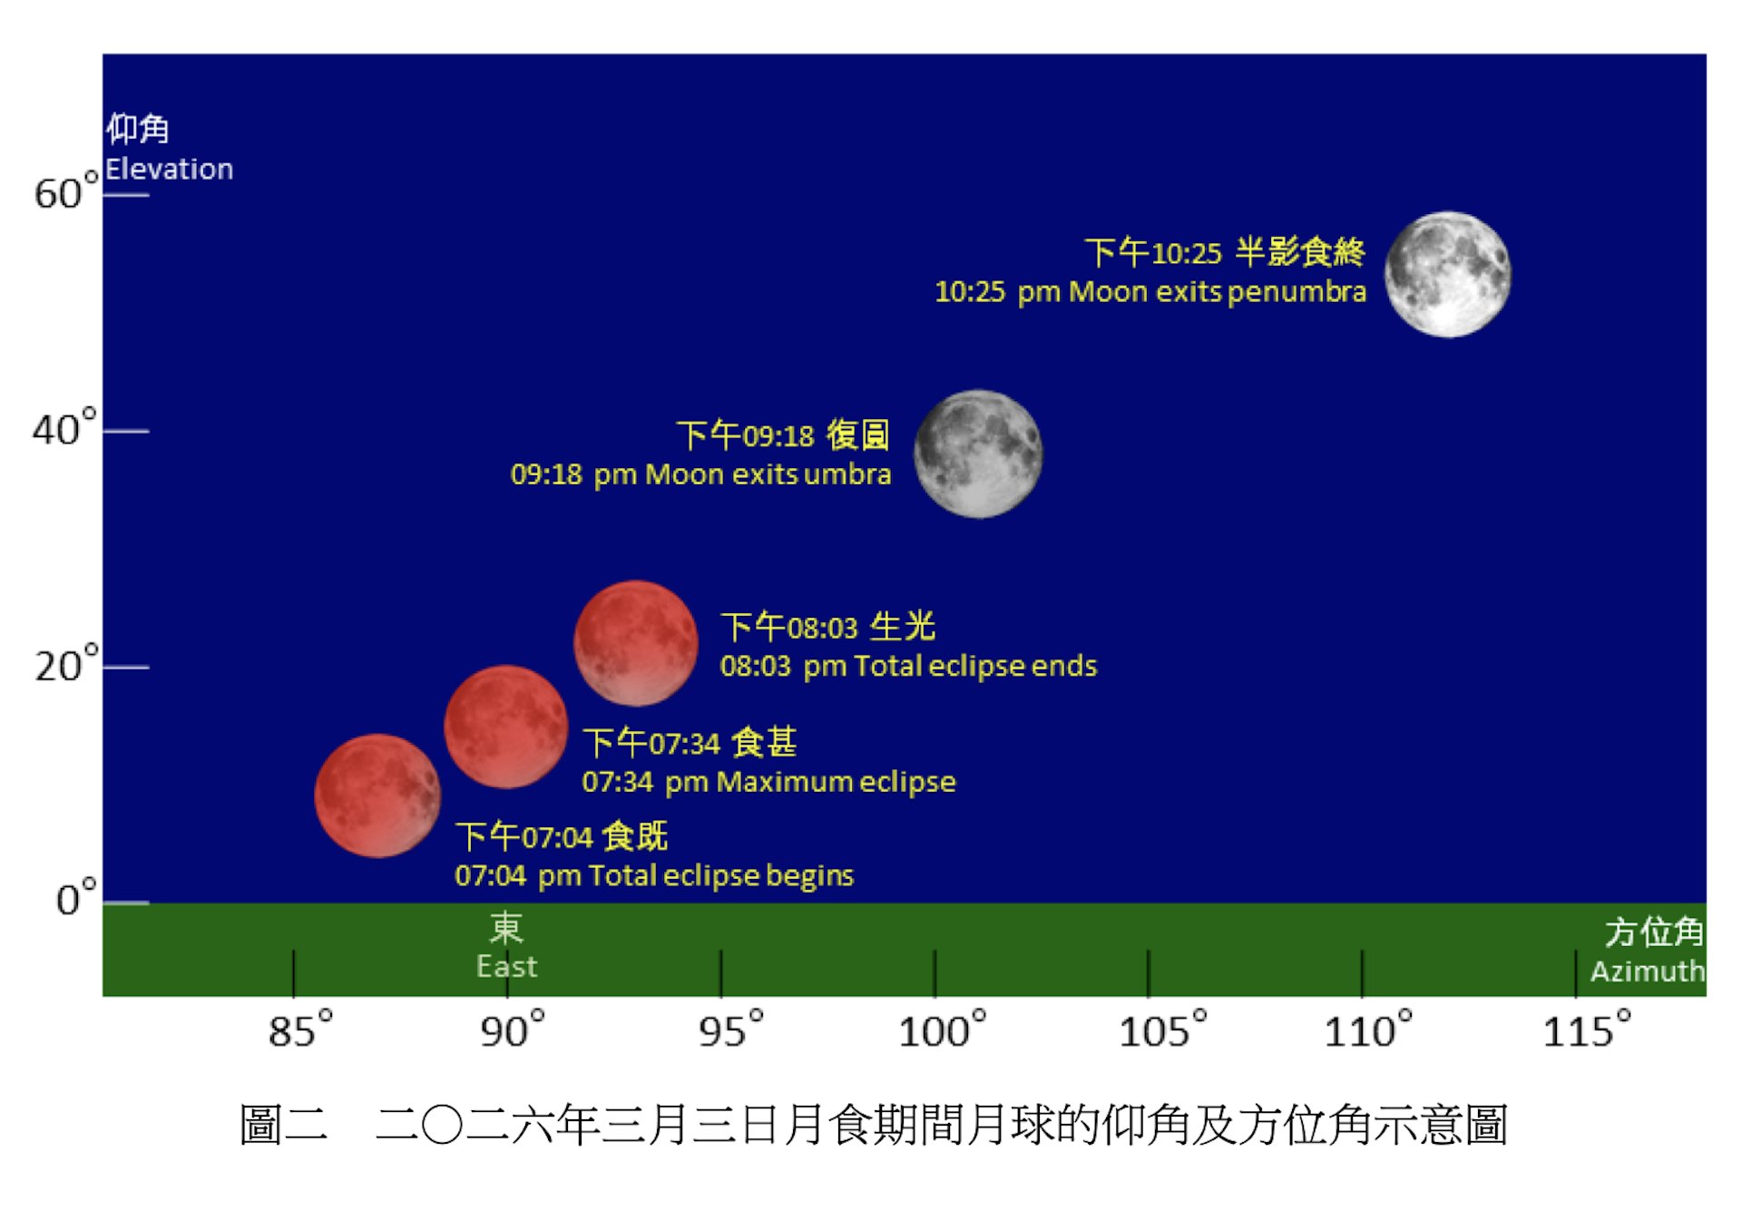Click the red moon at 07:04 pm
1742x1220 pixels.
(377, 795)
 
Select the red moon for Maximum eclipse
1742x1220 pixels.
(506, 727)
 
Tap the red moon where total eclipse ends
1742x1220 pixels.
(636, 643)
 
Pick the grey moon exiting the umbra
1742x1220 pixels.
(978, 454)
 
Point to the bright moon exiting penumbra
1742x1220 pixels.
(1448, 274)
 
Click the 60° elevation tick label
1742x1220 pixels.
(65, 190)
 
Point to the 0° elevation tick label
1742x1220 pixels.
(76, 898)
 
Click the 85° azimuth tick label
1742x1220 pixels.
(300, 1030)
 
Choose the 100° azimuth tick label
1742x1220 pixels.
(942, 1030)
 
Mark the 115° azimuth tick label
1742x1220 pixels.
(1587, 1030)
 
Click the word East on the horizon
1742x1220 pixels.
(507, 966)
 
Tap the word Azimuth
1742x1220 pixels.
(1648, 971)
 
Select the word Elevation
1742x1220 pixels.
(169, 169)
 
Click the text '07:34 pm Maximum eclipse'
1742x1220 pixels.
(768, 782)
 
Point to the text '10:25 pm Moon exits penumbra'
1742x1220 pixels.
(1150, 292)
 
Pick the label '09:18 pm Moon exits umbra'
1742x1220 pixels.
(700, 474)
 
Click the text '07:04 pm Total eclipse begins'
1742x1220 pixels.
(654, 875)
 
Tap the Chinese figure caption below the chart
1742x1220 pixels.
(873, 1125)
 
